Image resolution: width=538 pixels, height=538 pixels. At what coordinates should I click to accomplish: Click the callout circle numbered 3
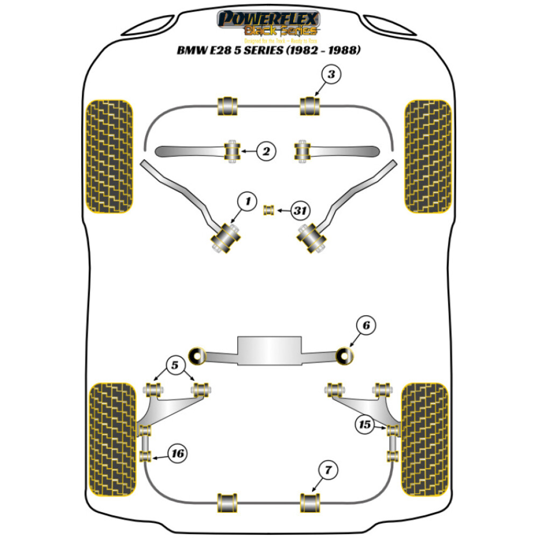pyautogui.click(x=331, y=75)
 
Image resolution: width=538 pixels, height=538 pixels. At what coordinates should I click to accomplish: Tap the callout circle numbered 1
pyautogui.click(x=247, y=203)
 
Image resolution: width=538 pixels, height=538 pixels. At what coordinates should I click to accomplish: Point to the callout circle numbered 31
pyautogui.click(x=300, y=211)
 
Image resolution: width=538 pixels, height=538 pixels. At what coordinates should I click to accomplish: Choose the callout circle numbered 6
pyautogui.click(x=365, y=325)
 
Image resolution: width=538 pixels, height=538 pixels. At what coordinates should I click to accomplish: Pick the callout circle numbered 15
pyautogui.click(x=365, y=425)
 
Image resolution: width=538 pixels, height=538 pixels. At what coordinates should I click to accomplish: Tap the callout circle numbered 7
pyautogui.click(x=328, y=471)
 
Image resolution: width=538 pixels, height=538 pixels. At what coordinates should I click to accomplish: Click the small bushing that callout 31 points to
pyautogui.click(x=268, y=209)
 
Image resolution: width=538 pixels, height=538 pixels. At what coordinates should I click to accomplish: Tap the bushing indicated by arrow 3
pyautogui.click(x=309, y=105)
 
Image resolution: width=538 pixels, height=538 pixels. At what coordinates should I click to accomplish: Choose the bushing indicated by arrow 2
pyautogui.click(x=232, y=151)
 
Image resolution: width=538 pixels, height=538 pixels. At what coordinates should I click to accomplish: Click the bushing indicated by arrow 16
pyautogui.click(x=144, y=457)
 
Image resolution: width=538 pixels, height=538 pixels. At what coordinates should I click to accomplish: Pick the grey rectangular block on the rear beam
pyautogui.click(x=269, y=351)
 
